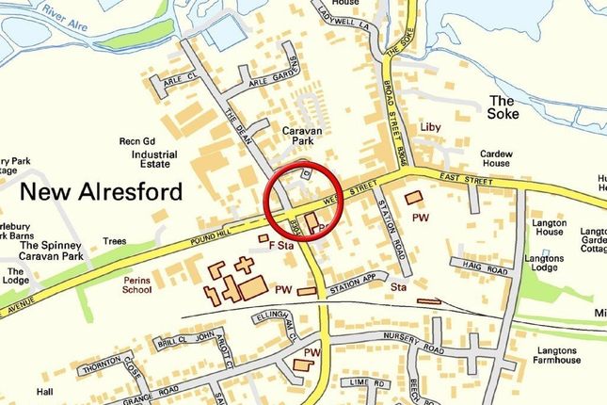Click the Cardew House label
click(x=496, y=158)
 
